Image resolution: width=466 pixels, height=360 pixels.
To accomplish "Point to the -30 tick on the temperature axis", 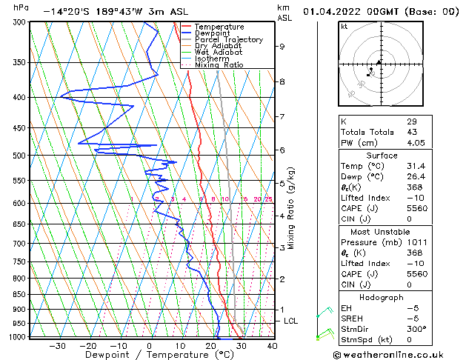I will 57,346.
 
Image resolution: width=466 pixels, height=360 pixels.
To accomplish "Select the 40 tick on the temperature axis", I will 272,346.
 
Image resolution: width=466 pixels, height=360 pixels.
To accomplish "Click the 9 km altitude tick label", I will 282,47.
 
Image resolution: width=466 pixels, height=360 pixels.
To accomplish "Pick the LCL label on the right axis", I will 291,321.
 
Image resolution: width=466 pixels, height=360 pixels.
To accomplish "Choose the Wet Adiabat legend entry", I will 220,53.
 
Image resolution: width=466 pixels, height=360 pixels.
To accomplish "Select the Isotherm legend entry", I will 213,59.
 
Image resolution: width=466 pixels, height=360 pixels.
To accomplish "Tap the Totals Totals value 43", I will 411,132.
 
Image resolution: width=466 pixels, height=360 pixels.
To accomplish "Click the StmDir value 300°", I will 416,329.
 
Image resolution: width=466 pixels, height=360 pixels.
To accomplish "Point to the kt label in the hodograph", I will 344,26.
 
